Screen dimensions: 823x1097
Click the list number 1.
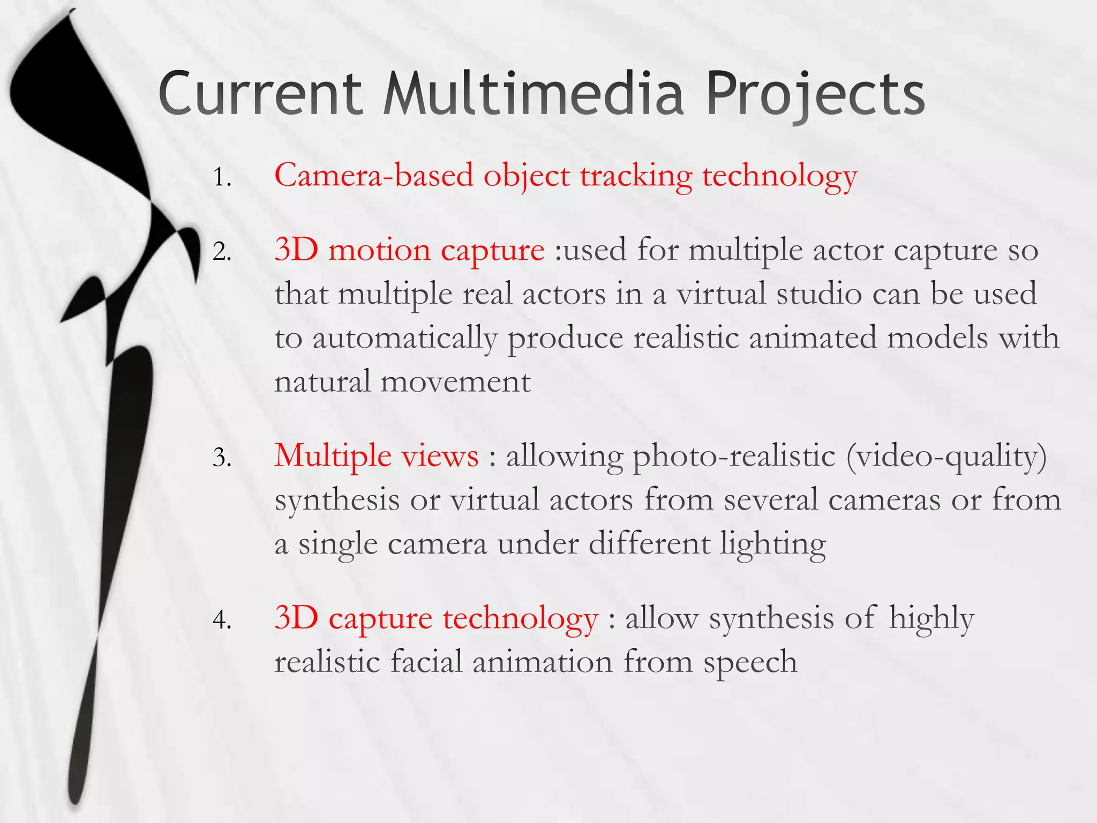[x=222, y=177]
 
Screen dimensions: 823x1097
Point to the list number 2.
[x=222, y=251]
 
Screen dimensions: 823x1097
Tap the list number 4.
[x=222, y=620]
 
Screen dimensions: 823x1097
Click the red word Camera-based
[x=374, y=175]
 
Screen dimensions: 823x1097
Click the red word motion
[x=379, y=250]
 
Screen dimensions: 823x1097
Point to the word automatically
[x=404, y=339]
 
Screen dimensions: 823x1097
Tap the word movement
[x=455, y=382]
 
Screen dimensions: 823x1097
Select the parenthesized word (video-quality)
[x=946, y=457]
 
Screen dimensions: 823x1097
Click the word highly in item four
[x=931, y=619]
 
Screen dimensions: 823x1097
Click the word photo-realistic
[x=734, y=457]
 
